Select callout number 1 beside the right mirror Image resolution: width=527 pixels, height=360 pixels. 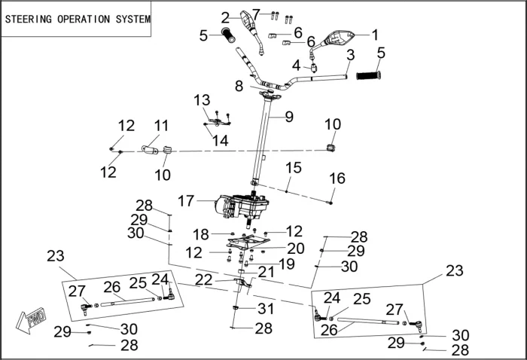click(375, 34)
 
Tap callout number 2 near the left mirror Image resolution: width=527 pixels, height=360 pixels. click(226, 17)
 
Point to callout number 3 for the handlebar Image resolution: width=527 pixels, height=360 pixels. click(350, 55)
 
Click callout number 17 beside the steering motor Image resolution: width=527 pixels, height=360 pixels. click(186, 201)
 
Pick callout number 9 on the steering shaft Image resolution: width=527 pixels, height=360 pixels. click(289, 117)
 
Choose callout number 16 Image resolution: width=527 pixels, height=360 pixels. click(337, 178)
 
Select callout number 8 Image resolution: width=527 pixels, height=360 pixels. click(239, 86)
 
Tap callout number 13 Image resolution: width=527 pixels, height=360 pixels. click(202, 100)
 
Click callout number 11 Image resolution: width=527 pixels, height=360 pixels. click(162, 125)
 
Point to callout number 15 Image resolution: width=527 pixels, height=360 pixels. click(293, 166)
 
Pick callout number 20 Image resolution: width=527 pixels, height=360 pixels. click(295, 248)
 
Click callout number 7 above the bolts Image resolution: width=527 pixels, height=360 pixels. click(256, 14)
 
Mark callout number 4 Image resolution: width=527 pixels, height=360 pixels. click(296, 65)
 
